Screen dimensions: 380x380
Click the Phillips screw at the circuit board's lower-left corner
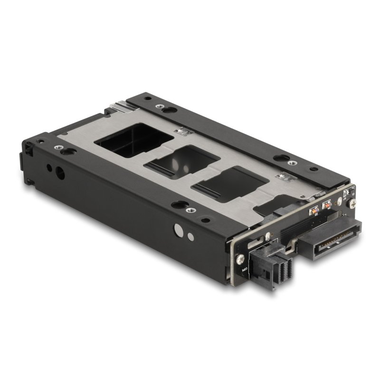coord(241,258)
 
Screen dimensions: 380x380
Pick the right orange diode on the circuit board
coord(327,204)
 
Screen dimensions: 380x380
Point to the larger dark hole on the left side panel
coord(60,174)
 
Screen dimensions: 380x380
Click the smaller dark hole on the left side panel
coord(48,168)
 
